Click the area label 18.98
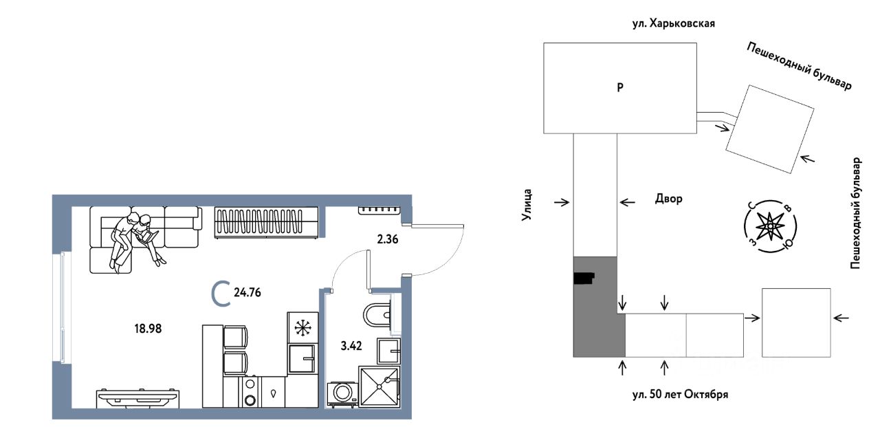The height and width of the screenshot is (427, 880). tap(148, 329)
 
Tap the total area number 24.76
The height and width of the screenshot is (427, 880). tap(247, 293)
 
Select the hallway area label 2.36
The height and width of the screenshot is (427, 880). tap(387, 239)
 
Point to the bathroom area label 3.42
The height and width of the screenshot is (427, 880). tap(351, 346)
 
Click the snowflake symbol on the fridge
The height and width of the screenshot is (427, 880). tap(302, 328)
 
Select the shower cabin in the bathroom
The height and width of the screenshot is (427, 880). tap(379, 386)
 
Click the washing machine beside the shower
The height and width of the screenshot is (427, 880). tap(342, 393)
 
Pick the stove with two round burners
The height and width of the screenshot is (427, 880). tap(250, 392)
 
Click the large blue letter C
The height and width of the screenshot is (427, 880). tap(221, 293)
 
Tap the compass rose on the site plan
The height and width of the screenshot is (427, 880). tap(770, 226)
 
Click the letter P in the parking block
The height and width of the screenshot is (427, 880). tap(620, 87)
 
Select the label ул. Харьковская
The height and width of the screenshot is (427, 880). tap(673, 23)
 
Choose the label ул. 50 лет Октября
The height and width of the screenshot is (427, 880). tap(680, 395)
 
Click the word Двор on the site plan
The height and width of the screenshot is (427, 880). tap(669, 199)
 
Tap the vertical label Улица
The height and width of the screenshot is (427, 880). tap(527, 205)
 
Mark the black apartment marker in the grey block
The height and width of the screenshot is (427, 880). tap(584, 278)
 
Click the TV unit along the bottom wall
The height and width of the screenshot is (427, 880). tap(139, 398)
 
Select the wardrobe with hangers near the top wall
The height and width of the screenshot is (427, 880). tap(266, 222)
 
